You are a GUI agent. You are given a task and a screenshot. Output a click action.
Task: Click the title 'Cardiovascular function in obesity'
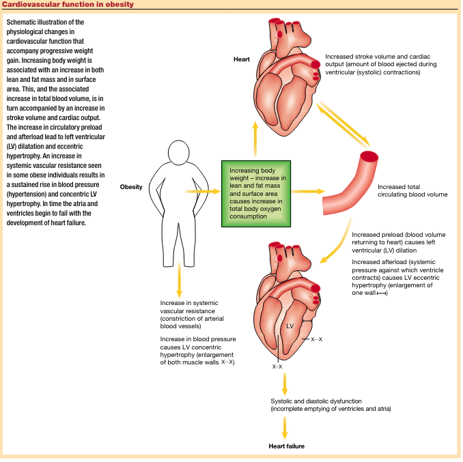point(67,5)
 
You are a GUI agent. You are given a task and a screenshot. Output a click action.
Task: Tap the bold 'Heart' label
point(242,59)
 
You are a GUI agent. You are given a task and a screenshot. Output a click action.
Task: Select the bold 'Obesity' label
point(131,186)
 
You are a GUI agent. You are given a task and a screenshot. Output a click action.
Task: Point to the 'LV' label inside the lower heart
point(290,326)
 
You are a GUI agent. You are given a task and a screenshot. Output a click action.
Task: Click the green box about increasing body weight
point(257,193)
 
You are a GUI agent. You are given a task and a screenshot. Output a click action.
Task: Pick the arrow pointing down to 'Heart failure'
point(285,427)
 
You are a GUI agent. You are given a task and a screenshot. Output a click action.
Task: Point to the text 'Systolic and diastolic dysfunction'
point(331,405)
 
